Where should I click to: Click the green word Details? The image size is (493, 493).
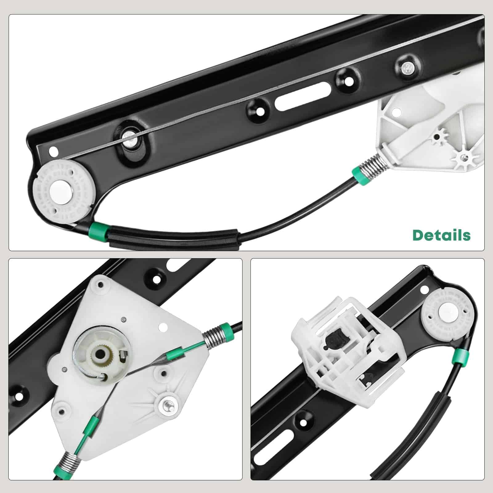click(x=442, y=235)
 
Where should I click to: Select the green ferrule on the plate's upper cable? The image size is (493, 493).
click(x=175, y=356)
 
